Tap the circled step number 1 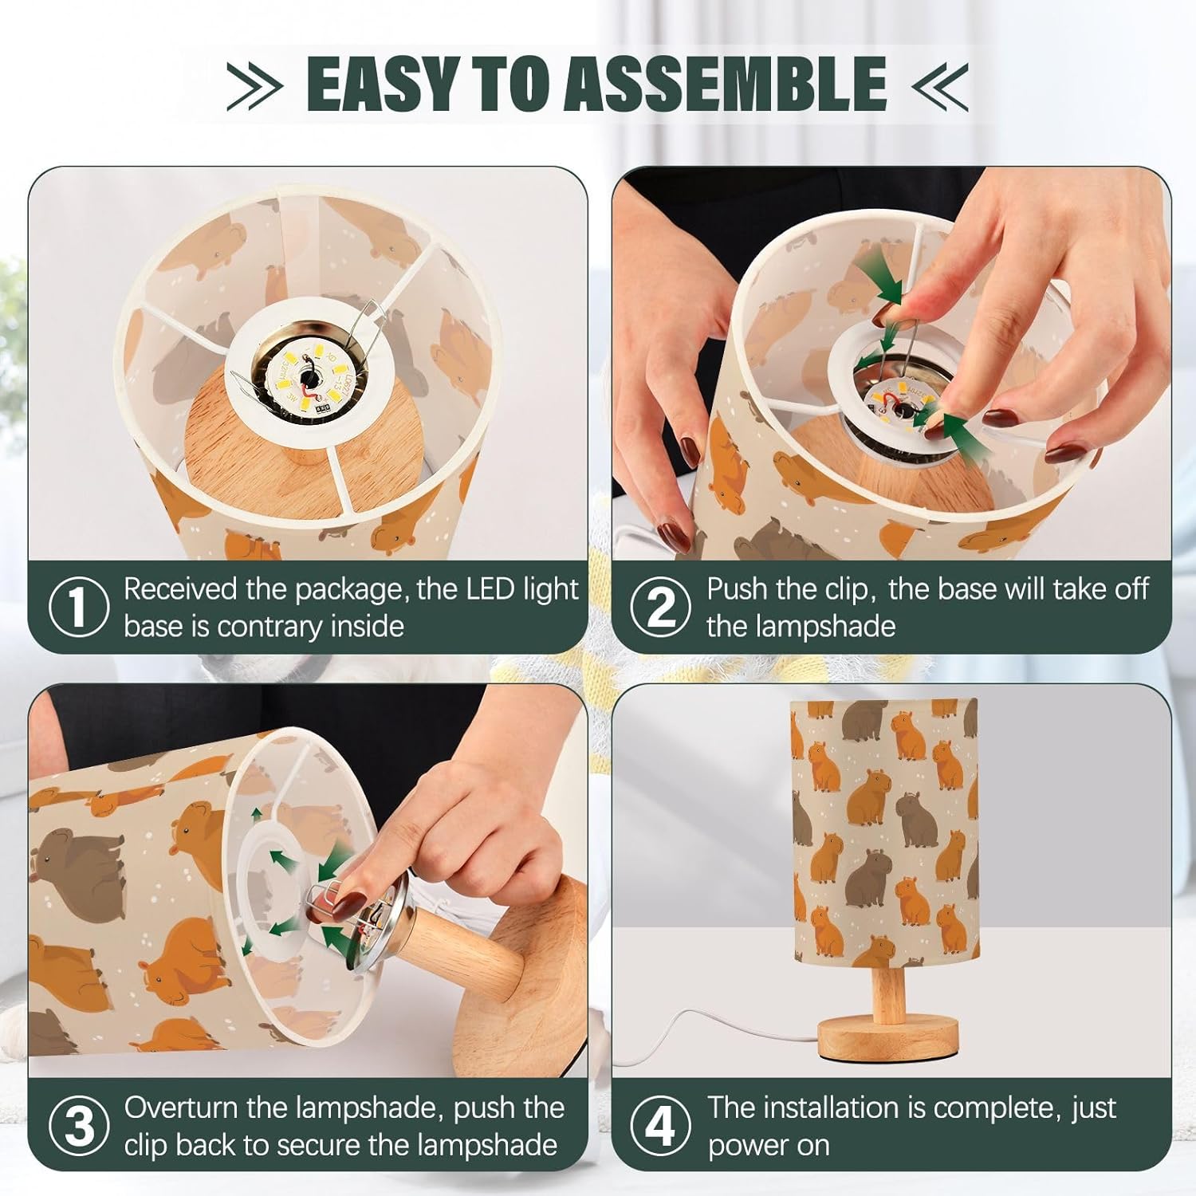pyautogui.click(x=78, y=608)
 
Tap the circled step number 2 pyautogui.click(x=660, y=608)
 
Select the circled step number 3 pyautogui.click(x=78, y=1127)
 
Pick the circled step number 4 pyautogui.click(x=660, y=1127)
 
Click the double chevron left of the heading pyautogui.click(x=254, y=84)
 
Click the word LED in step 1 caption pyautogui.click(x=490, y=589)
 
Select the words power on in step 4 pyautogui.click(x=769, y=1146)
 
